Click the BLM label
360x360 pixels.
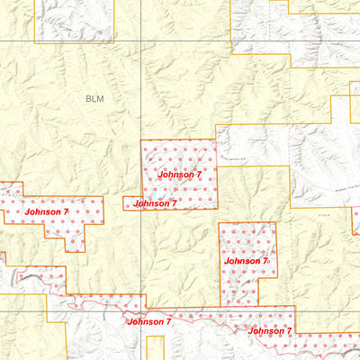click(94, 98)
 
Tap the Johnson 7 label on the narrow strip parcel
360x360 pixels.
click(155, 204)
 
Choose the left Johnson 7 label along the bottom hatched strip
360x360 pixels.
click(149, 321)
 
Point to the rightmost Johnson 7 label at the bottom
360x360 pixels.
click(270, 331)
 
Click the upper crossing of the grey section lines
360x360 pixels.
click(141, 41)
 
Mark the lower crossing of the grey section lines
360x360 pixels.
click(141, 311)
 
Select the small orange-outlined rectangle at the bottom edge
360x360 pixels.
click(156, 348)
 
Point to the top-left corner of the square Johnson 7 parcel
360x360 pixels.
click(141, 139)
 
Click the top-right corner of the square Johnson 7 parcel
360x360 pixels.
click(217, 139)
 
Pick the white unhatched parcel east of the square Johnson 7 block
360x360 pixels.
click(252, 144)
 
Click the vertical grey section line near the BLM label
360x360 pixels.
click(141, 99)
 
